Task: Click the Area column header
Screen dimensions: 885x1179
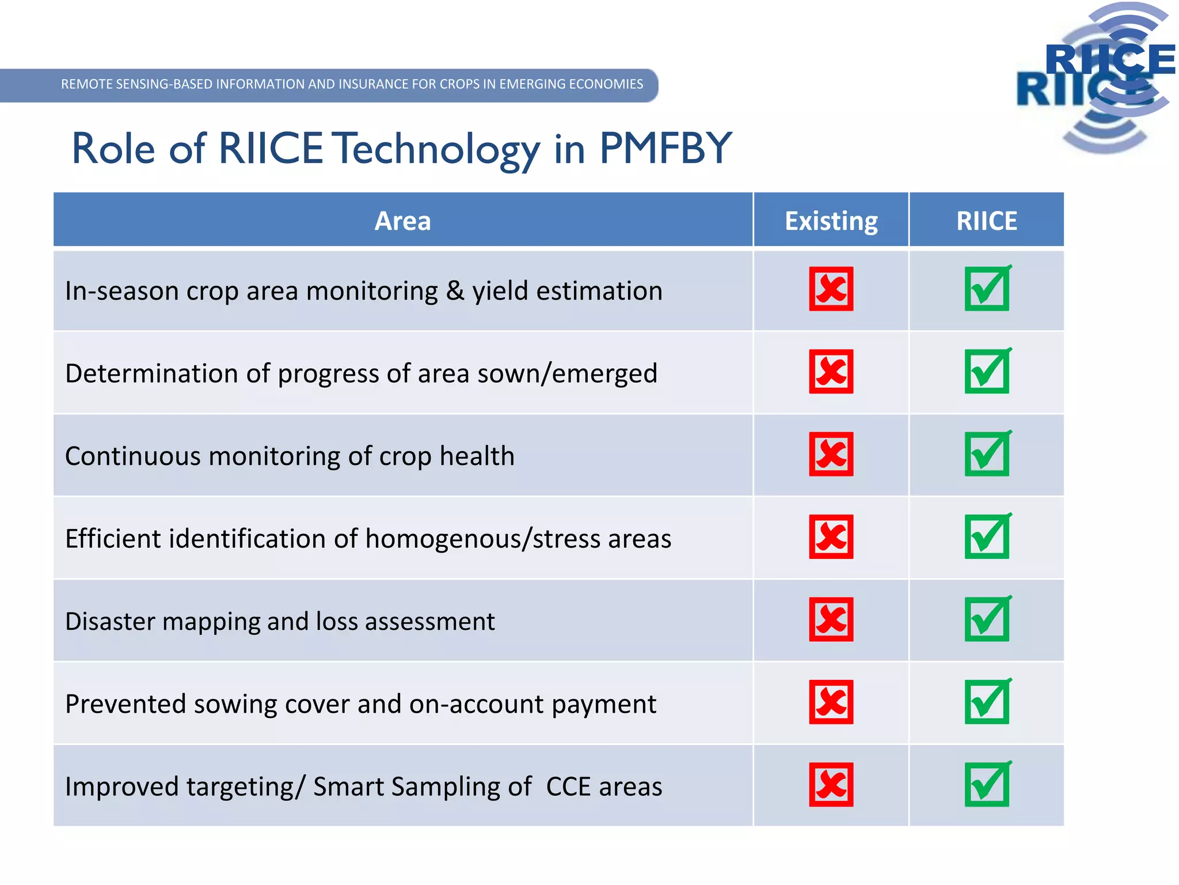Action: (402, 221)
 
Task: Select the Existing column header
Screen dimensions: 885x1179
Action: (831, 221)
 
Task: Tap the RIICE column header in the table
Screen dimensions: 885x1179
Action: (986, 221)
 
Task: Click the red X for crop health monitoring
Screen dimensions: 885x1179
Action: (831, 454)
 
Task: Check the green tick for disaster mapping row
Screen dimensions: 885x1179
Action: (987, 619)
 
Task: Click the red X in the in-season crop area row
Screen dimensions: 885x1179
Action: (831, 289)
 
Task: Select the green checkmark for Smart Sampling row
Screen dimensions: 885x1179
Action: (987, 785)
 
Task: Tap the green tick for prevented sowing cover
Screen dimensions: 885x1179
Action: (987, 702)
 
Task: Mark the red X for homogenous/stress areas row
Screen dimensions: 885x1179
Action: (831, 536)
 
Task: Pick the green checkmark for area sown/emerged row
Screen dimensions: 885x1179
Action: (987, 372)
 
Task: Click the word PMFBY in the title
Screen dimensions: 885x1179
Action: (665, 149)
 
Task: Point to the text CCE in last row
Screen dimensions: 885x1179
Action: (568, 787)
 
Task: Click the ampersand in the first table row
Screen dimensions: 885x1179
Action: (455, 290)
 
